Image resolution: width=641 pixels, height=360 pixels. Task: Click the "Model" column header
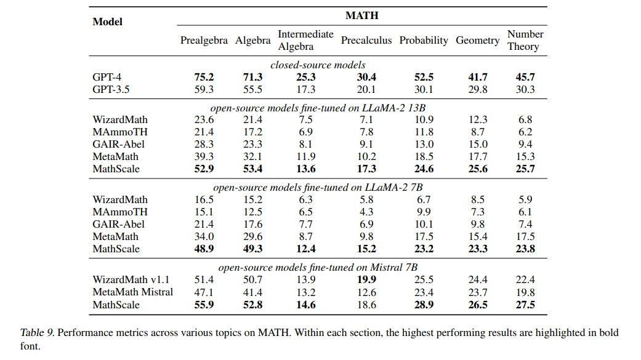pos(107,22)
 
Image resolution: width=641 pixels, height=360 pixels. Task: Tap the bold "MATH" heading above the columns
pos(361,15)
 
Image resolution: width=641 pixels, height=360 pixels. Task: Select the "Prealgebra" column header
pos(204,41)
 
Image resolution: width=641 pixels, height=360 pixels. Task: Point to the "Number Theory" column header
pos(525,41)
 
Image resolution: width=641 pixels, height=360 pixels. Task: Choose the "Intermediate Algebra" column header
pos(305,41)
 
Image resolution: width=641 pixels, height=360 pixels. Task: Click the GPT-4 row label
pos(107,77)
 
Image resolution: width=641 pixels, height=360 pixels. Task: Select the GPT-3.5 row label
pos(111,89)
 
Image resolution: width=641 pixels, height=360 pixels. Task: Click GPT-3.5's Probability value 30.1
pos(423,89)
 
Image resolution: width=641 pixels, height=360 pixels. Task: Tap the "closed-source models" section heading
pos(318,65)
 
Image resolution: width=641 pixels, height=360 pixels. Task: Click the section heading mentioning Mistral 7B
pos(318,267)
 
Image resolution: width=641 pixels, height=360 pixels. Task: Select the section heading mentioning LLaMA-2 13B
pos(318,107)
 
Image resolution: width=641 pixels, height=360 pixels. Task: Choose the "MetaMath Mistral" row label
pos(132,292)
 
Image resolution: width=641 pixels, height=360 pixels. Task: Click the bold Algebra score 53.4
pos(252,169)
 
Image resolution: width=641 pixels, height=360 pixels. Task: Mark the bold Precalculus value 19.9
pos(366,280)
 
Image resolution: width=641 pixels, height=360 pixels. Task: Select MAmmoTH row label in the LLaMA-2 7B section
pos(120,212)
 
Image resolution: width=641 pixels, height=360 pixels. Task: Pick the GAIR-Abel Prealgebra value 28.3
pos(204,144)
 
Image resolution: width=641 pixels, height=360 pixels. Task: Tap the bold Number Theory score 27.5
pos(525,305)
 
